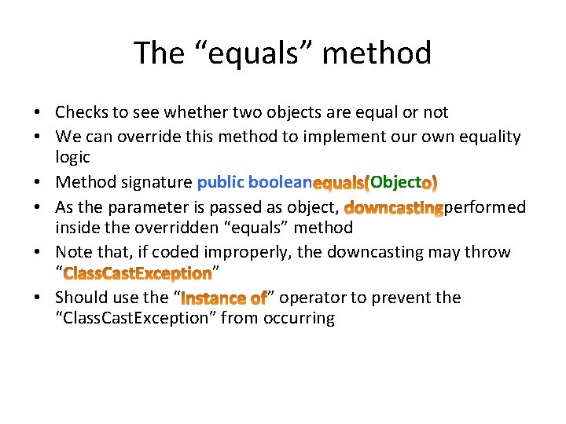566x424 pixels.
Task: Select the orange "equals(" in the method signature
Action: click(x=341, y=184)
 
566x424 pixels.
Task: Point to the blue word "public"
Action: click(x=220, y=182)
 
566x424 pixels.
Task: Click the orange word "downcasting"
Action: click(x=394, y=207)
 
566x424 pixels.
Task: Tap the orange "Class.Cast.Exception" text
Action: click(x=137, y=274)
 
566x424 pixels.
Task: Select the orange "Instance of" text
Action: click(x=224, y=298)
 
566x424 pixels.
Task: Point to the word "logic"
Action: click(x=73, y=156)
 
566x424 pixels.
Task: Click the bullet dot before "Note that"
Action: click(x=39, y=253)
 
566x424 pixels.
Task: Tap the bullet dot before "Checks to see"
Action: click(x=39, y=113)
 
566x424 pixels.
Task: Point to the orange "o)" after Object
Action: click(x=431, y=184)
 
